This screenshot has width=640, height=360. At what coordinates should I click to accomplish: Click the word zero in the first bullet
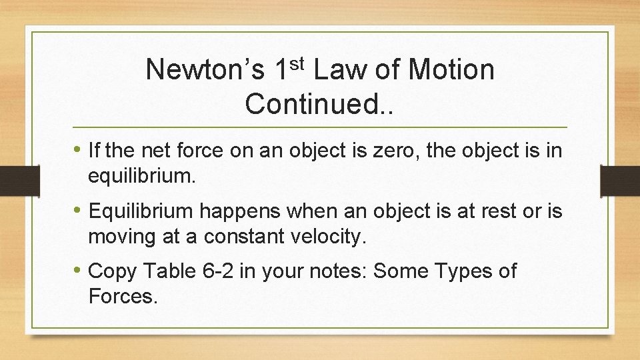[x=402, y=151]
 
